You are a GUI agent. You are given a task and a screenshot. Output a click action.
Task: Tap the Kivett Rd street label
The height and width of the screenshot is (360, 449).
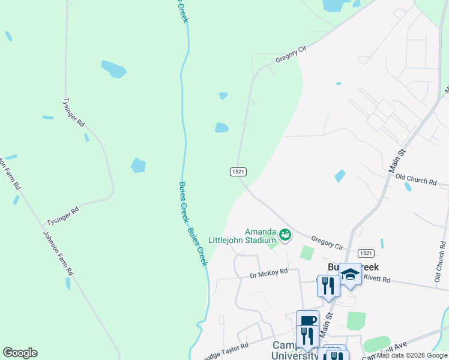(377, 280)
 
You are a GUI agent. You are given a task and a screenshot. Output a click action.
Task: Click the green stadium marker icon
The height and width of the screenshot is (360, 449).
(285, 233)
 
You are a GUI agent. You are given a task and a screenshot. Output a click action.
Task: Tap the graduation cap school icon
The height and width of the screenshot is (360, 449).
(350, 275)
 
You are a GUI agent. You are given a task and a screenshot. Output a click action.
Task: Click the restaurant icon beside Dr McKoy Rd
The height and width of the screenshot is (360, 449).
(328, 284)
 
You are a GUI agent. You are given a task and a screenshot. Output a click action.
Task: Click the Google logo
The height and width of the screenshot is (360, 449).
(20, 353)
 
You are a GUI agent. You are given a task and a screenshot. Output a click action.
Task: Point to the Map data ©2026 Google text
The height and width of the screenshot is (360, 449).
(412, 355)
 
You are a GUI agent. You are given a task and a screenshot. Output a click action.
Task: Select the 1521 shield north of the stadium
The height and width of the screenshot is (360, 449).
(238, 172)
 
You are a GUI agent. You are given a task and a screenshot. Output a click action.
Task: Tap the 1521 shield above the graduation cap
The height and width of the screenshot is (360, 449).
(366, 254)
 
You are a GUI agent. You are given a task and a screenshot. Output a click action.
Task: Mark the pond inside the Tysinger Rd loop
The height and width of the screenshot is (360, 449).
(138, 165)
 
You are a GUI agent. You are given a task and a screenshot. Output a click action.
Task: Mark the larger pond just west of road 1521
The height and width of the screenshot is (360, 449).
(221, 127)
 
